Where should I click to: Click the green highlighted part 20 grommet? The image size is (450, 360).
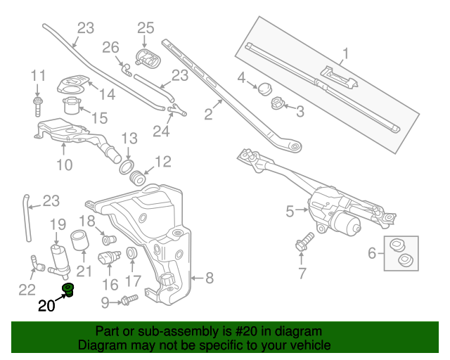pos(69,290)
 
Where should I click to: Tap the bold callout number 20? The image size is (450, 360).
pos(46,306)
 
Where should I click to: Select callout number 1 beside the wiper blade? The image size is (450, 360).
pos(346,53)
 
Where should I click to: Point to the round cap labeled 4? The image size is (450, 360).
pos(265,88)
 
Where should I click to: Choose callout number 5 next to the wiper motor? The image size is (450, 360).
pos(290,210)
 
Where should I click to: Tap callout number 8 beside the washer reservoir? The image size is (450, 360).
pos(210,278)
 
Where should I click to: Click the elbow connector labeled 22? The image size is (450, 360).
pos(37,264)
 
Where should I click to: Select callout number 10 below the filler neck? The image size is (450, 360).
pos(64,166)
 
